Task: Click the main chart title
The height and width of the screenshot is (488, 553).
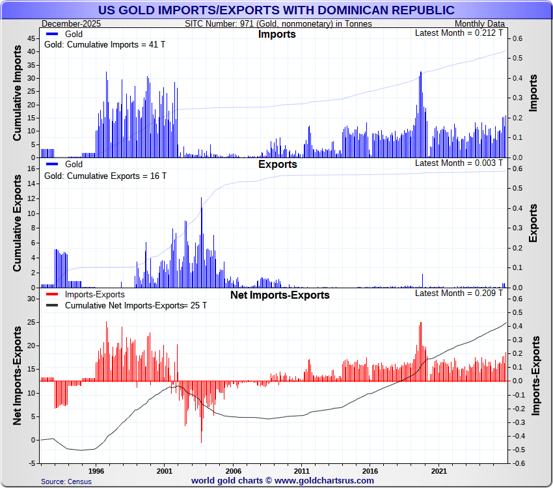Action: [276, 10]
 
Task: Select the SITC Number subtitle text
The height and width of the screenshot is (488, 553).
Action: [278, 24]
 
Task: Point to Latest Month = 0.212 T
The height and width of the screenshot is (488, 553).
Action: [459, 33]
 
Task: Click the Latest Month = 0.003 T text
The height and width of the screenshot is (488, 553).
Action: [459, 163]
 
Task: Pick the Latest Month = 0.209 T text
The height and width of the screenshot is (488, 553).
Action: [459, 293]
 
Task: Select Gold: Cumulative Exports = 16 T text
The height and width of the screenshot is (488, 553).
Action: [105, 176]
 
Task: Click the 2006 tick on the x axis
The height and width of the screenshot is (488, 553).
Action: [233, 470]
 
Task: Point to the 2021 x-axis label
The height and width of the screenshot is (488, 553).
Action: [438, 470]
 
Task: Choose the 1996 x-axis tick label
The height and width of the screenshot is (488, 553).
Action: [96, 470]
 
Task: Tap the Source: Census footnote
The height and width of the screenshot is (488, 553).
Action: [66, 481]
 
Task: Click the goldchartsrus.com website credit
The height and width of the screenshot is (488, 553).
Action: [282, 481]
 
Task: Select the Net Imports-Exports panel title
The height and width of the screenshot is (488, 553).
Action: [280, 295]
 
